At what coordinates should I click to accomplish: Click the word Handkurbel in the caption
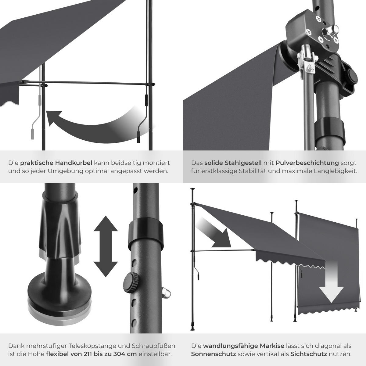point(74,163)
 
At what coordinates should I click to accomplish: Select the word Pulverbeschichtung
point(307,163)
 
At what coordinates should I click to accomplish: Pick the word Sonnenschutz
point(213,354)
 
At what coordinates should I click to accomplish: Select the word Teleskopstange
point(88,346)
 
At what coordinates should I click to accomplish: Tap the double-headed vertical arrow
point(106,246)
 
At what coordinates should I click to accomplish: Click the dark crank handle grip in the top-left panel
point(138,137)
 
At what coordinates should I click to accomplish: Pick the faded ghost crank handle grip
point(32,134)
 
